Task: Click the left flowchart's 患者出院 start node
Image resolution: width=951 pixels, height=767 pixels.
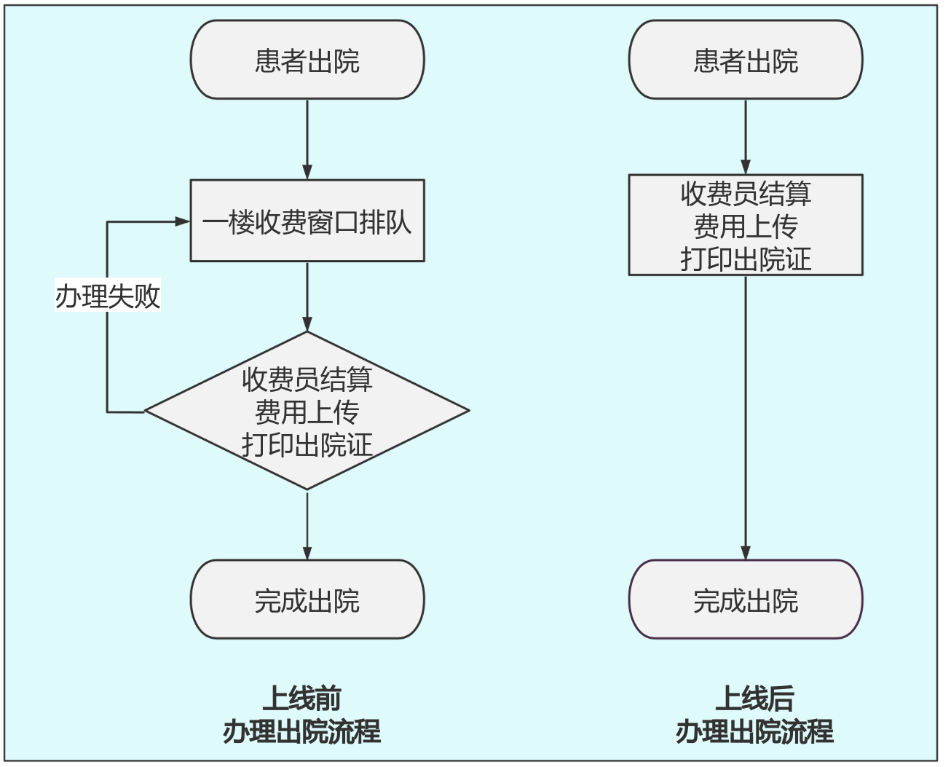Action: click(x=307, y=60)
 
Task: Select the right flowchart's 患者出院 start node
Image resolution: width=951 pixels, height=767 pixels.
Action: click(x=745, y=60)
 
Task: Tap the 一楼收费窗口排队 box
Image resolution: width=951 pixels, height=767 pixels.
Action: click(x=307, y=221)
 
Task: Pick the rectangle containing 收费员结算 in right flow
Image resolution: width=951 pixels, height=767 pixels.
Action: click(x=745, y=225)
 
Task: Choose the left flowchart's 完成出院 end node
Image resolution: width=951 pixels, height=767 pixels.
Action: click(x=307, y=599)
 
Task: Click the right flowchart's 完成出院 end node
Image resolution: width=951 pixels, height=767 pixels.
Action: click(x=745, y=599)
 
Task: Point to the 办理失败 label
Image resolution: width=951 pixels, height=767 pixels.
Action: click(x=108, y=296)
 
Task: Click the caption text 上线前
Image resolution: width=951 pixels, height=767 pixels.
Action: click(x=301, y=698)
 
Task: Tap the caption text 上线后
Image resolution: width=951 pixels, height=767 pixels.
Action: click(x=754, y=698)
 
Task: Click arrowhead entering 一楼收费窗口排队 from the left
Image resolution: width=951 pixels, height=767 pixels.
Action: click(x=184, y=221)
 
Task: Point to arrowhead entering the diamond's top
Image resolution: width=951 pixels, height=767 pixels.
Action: click(x=307, y=324)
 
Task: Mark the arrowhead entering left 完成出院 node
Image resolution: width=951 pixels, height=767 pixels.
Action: click(x=307, y=552)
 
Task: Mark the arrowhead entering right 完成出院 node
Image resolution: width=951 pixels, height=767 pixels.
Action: click(x=746, y=552)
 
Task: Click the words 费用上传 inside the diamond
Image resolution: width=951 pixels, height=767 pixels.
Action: click(x=307, y=412)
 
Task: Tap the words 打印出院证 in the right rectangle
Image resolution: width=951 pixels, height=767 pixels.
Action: click(x=745, y=259)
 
